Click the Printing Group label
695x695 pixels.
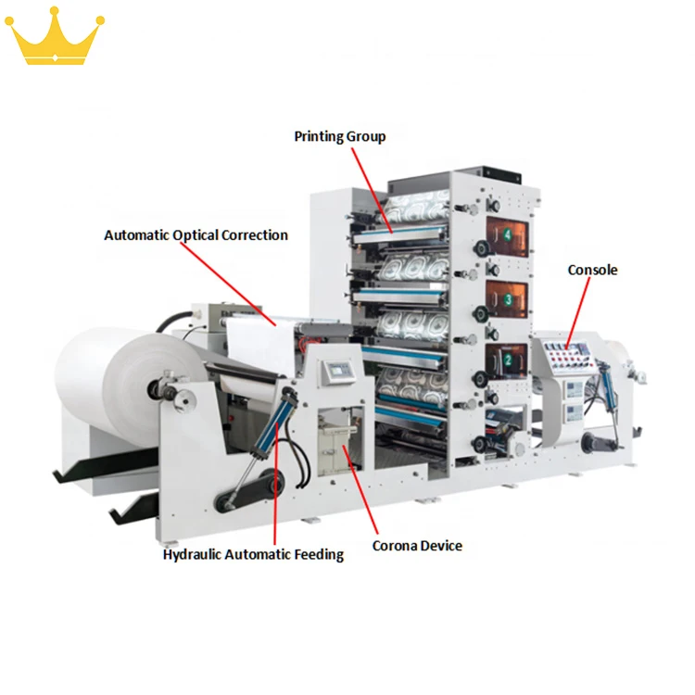[339, 136]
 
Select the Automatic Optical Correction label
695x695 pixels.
[196, 235]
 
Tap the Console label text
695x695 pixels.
[592, 270]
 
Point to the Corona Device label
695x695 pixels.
[417, 545]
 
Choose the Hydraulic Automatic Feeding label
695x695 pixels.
[253, 554]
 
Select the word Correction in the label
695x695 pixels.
[254, 235]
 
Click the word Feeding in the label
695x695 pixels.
[318, 554]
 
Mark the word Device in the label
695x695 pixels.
[440, 545]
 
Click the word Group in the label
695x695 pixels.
[366, 136]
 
